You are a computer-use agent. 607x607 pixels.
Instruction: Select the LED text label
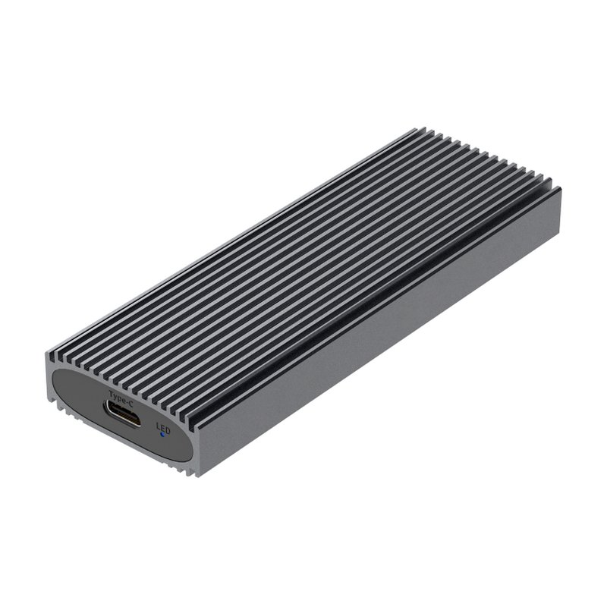tap(163, 428)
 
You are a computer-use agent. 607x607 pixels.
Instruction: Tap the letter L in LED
tap(158, 426)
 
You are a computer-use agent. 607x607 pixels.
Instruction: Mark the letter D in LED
tap(168, 430)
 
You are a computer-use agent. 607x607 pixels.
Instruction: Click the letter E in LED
tap(162, 428)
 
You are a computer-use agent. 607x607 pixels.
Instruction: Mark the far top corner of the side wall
tap(560, 189)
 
